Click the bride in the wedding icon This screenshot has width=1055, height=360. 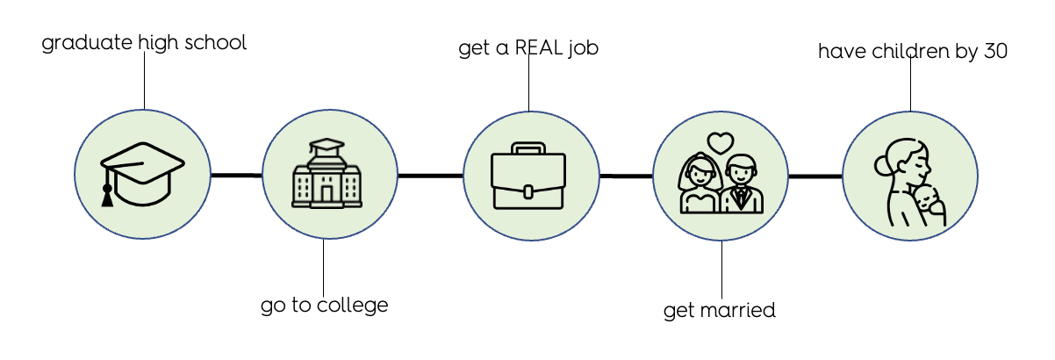click(700, 185)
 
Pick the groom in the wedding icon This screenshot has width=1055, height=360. click(743, 185)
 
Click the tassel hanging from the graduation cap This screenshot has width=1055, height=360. click(108, 194)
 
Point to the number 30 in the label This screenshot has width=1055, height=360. click(994, 52)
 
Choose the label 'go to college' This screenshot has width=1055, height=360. click(324, 306)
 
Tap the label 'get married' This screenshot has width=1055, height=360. click(719, 310)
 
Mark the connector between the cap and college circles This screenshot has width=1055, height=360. click(236, 176)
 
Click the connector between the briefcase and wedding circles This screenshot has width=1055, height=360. click(626, 176)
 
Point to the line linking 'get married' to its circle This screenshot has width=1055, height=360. click(721, 270)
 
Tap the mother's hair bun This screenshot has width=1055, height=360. click(882, 165)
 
